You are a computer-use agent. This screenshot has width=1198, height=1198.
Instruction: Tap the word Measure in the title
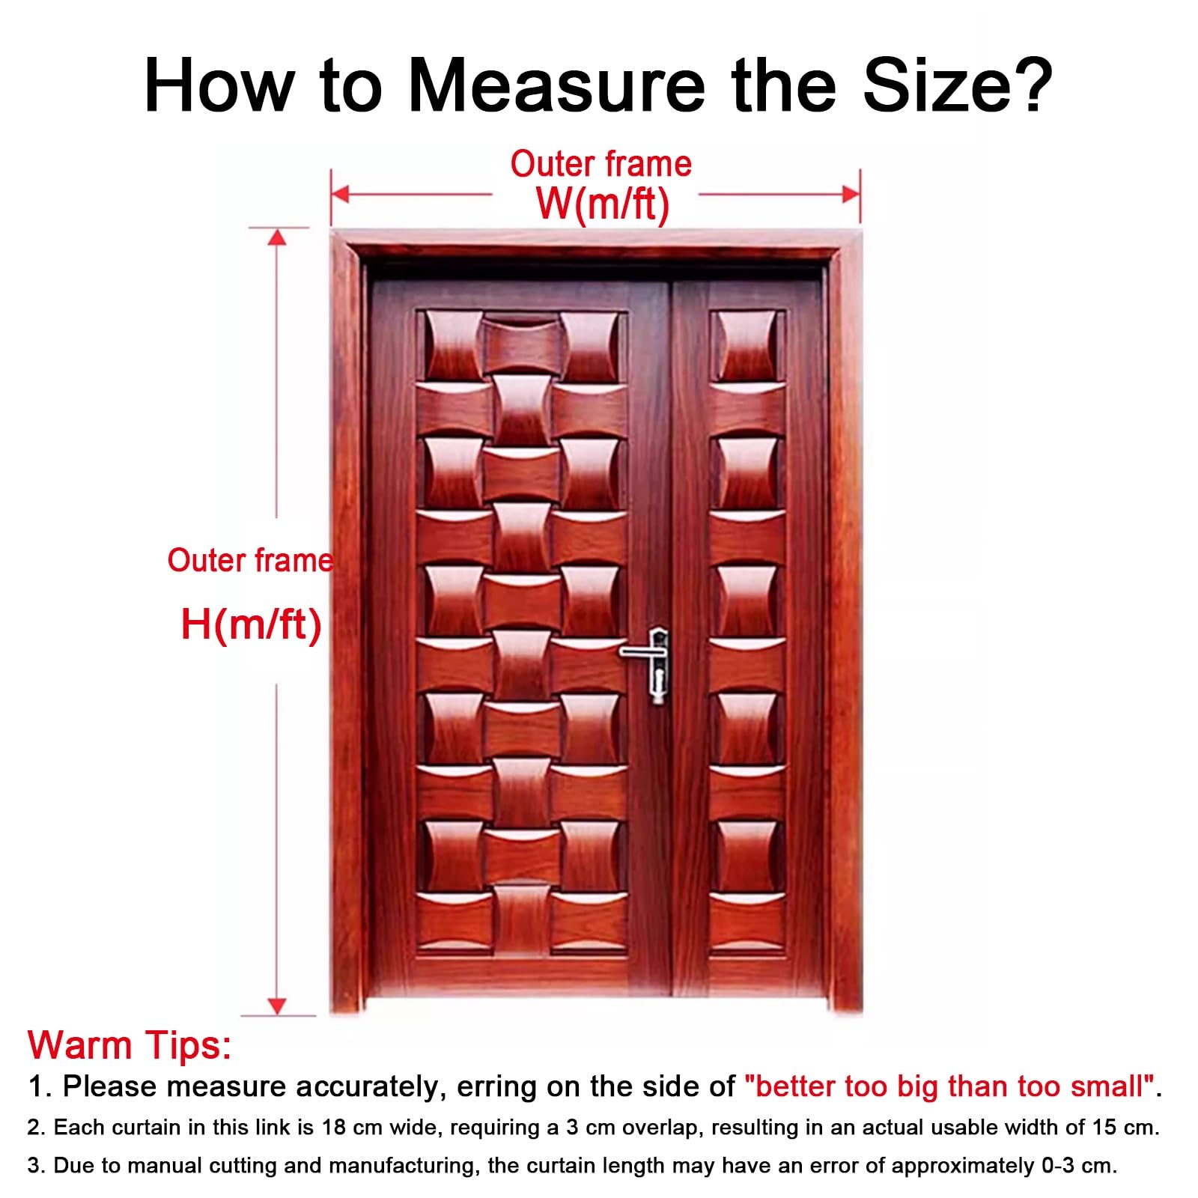click(x=556, y=86)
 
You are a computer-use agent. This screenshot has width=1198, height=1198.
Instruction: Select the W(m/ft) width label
click(x=602, y=203)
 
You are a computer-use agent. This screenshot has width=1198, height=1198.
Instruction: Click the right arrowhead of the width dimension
click(x=851, y=195)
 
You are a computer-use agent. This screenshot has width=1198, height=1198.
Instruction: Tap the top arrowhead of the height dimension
click(x=277, y=237)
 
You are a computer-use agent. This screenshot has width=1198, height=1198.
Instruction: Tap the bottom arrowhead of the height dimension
click(x=277, y=1006)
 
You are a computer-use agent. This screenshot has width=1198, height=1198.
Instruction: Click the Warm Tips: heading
click(x=130, y=1045)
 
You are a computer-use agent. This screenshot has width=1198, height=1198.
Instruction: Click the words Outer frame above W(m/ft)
click(x=601, y=164)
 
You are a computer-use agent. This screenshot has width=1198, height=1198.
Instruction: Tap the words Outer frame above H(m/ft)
click(x=250, y=560)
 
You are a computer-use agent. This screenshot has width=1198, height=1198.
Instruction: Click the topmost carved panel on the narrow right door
click(x=747, y=346)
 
